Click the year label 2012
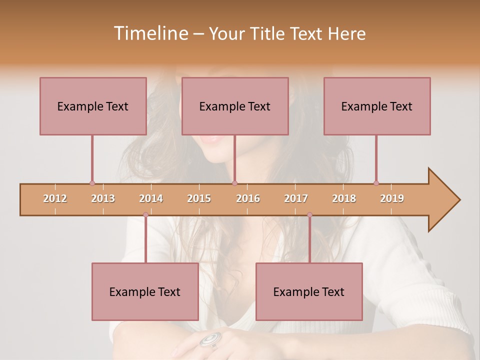coord(55,198)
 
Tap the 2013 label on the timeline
coord(103,198)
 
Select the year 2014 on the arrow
coord(151,198)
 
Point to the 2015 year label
coord(199,198)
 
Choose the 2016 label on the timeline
coord(248,198)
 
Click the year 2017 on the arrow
coord(296,198)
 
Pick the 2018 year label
coord(344,198)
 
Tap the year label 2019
coord(392,198)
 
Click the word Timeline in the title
coord(150,33)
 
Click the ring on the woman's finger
coord(210,339)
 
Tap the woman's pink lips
coord(211,139)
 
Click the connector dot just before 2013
coord(92,183)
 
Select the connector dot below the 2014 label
coord(145,214)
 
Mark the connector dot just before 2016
coord(234,183)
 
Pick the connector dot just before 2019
coord(376,183)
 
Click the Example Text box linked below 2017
coord(309,291)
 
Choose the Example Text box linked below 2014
coord(145,291)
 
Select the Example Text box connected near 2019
coord(377,106)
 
